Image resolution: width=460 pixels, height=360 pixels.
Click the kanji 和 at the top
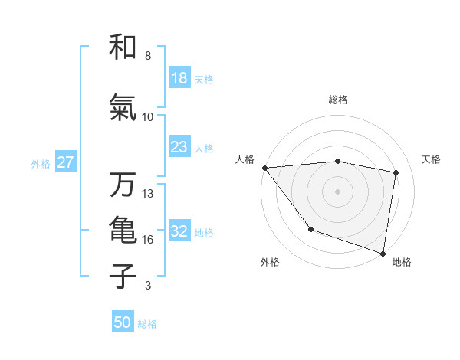[x=123, y=47]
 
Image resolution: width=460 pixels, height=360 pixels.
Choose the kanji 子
[x=123, y=276]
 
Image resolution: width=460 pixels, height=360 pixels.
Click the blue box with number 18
[x=179, y=78]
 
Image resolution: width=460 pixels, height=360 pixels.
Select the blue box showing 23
[x=179, y=147]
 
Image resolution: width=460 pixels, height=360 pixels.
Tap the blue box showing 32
[x=179, y=231]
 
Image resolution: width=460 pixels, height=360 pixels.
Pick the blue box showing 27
[x=65, y=162]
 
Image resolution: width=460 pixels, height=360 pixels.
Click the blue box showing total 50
[x=123, y=322]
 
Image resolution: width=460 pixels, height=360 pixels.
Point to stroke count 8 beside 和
[x=148, y=56]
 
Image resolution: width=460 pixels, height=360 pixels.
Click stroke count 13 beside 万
[x=148, y=194]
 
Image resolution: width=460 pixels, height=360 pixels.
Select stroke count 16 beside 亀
[x=148, y=240]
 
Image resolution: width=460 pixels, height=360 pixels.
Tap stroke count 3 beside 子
[x=148, y=286]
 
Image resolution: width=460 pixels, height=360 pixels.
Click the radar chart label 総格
[x=338, y=100]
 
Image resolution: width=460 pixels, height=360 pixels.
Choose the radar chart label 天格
[x=432, y=159]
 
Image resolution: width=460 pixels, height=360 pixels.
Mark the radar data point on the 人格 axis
[x=264, y=168]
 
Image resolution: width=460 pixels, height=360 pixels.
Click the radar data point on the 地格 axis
[x=383, y=253]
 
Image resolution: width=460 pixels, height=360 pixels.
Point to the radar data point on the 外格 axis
[x=310, y=229]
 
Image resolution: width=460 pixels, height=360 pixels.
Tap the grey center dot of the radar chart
[x=338, y=191]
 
